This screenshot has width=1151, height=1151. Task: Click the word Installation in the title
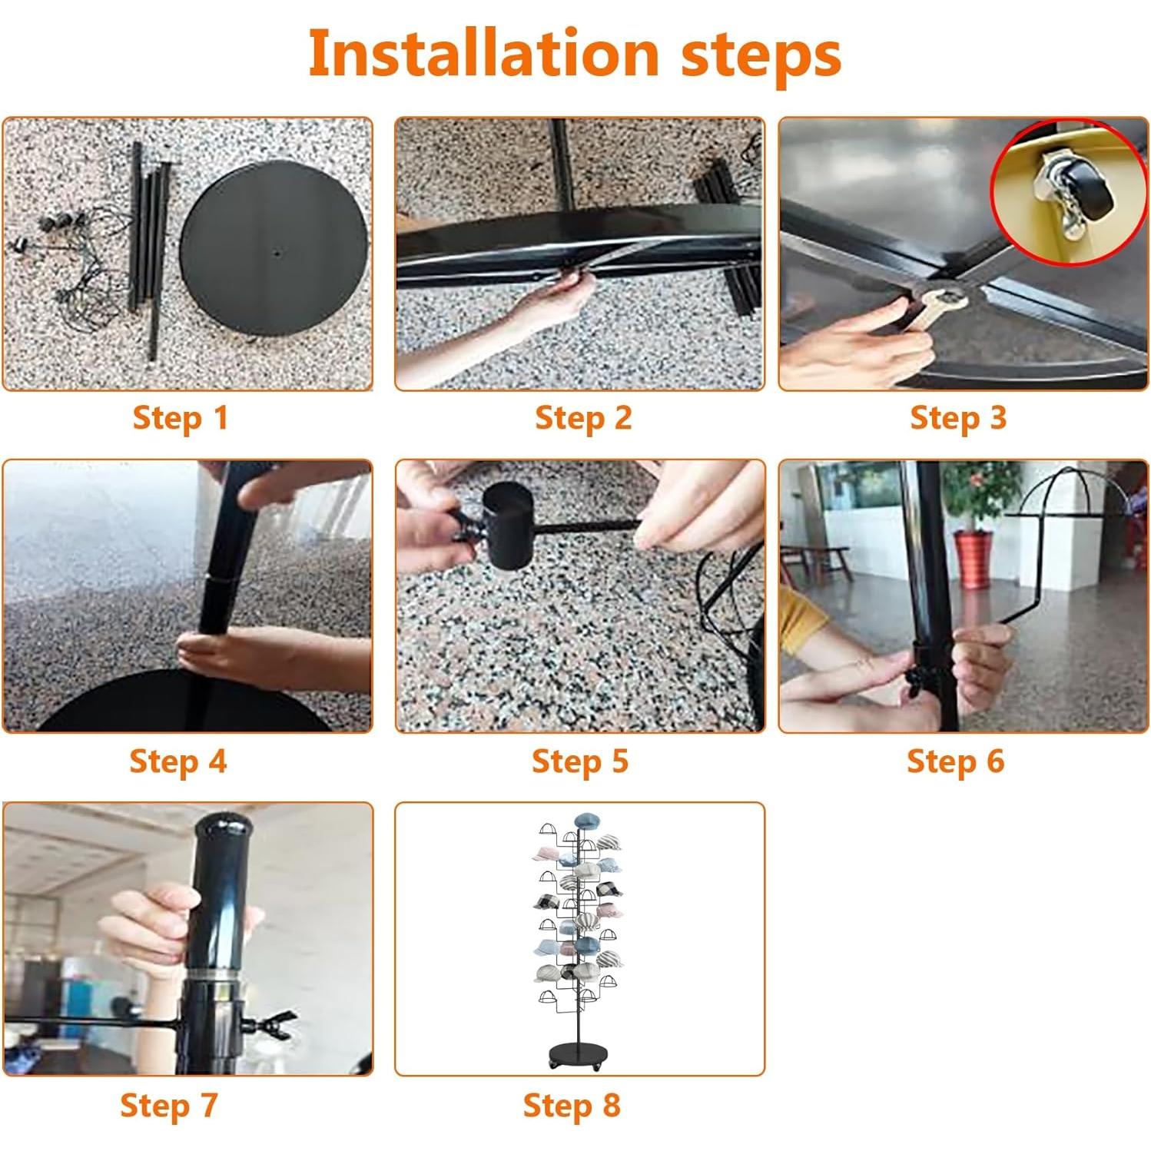pos(484,53)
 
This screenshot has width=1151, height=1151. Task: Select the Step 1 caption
pos(181,418)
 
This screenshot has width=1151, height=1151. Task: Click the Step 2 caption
pos(583,418)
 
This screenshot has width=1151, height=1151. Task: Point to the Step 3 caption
pos(958,418)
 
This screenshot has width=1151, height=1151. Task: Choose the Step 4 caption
pos(178,761)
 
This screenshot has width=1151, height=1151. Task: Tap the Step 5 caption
pos(580,761)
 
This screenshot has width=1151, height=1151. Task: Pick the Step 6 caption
pos(956,761)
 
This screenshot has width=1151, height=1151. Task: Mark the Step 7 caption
pos(169,1106)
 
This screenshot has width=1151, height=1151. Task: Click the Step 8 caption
pos(572,1106)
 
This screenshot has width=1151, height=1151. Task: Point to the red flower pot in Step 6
pos(974,559)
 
